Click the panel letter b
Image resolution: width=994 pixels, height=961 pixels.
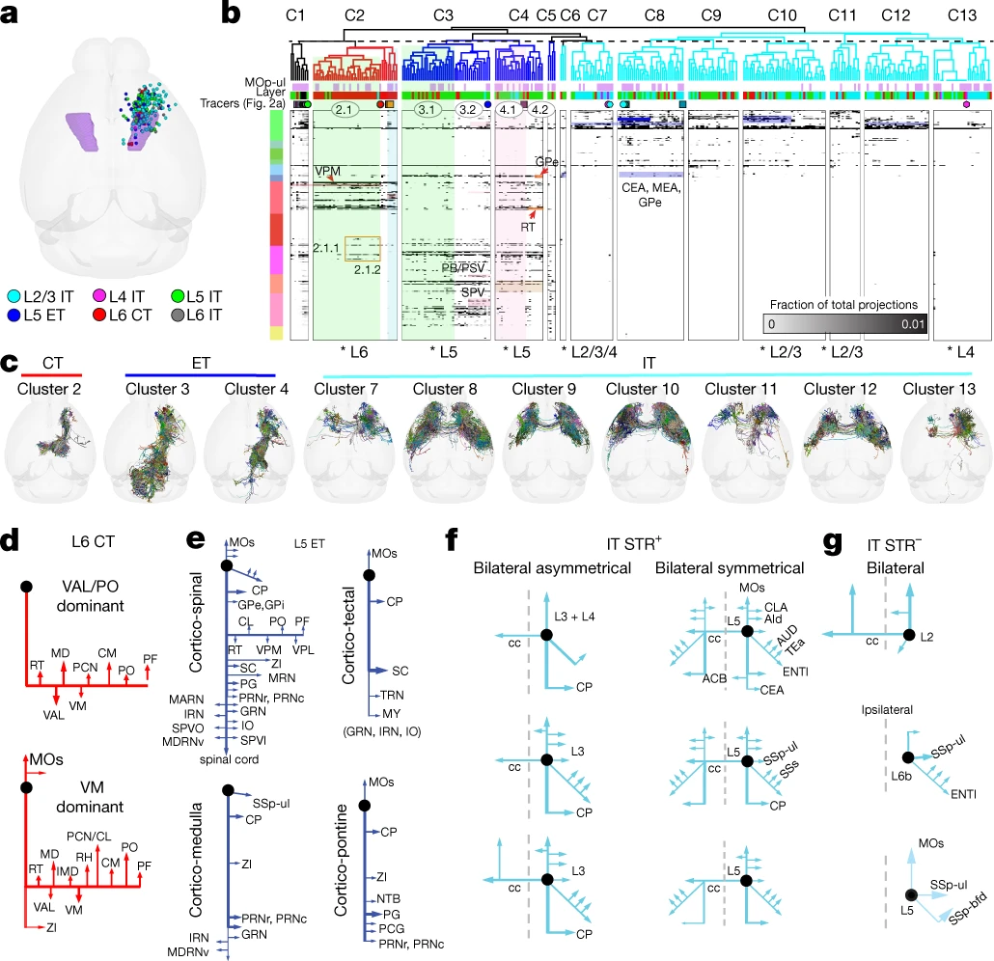pos(232,14)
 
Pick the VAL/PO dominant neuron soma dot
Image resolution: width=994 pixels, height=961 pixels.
pos(28,587)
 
